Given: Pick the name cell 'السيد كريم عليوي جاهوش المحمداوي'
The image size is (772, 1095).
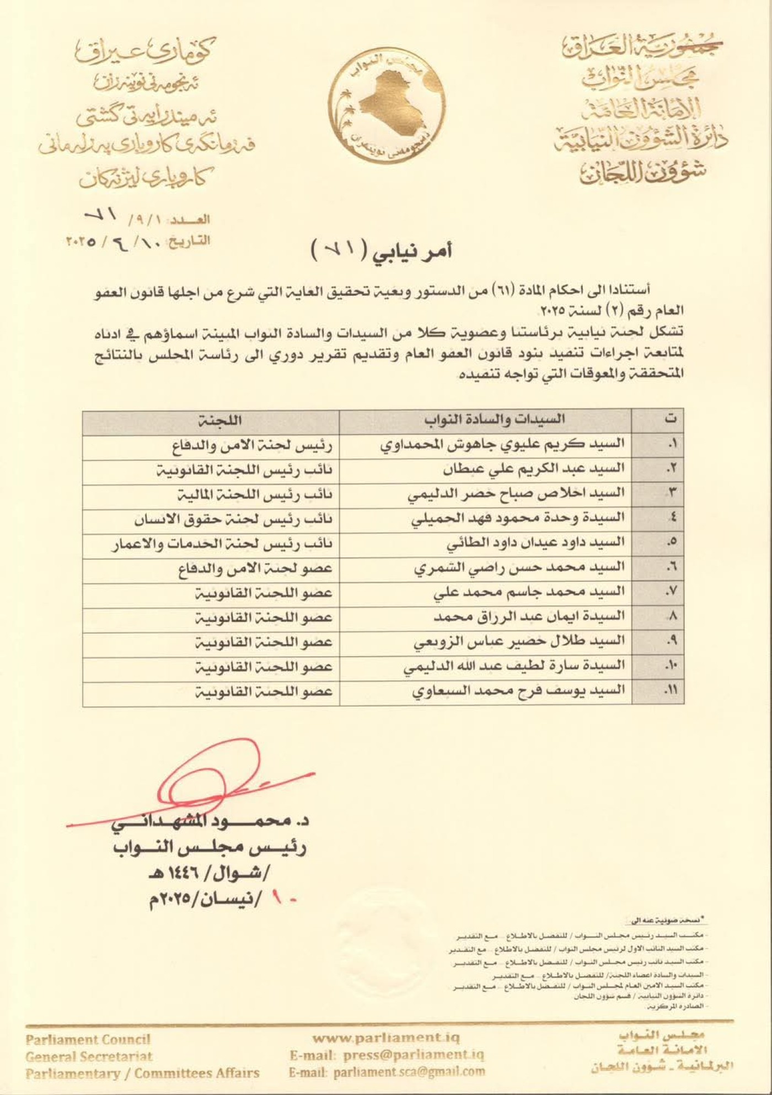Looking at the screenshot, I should [502, 444].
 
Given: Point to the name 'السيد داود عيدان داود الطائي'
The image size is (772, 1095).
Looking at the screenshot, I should [535, 543].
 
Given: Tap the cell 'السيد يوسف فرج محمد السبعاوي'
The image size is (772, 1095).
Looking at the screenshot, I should [518, 690].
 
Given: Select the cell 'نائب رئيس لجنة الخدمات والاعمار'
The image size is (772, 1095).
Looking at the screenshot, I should [221, 544].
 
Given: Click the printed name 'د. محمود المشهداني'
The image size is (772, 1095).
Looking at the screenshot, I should [210, 821].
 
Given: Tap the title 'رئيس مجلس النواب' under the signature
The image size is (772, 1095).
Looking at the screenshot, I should [210, 847].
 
